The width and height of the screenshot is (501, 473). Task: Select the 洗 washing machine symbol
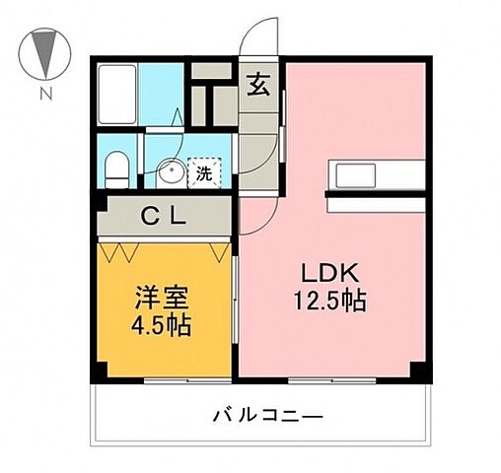[x=203, y=173]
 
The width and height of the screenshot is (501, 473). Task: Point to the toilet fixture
[x=117, y=169]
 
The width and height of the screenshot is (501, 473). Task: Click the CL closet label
[x=164, y=215]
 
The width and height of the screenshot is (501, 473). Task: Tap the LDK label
[x=334, y=272]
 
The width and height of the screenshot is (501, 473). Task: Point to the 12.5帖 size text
[x=334, y=301]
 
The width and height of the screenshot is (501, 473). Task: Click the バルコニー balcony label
[x=266, y=416]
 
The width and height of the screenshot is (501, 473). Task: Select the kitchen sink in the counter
[x=354, y=174]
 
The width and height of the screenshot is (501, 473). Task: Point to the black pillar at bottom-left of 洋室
[x=100, y=372]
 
